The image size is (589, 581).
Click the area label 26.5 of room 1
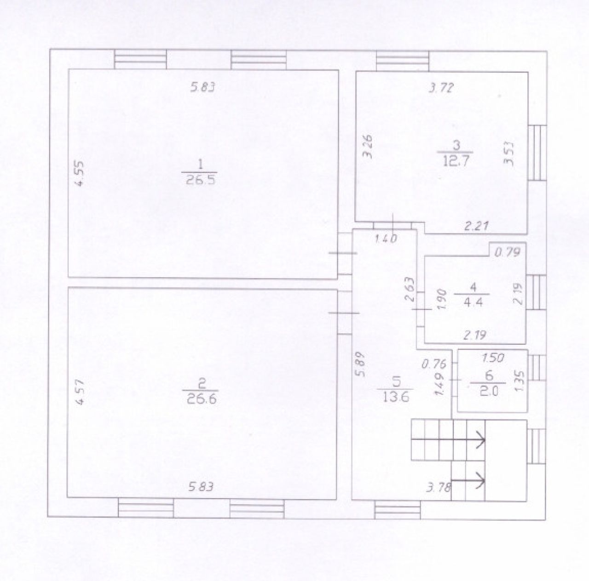tap(200, 180)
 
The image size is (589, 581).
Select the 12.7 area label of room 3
tap(456, 160)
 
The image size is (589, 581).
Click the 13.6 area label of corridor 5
tap(396, 398)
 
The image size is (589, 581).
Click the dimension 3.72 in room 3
tap(440, 88)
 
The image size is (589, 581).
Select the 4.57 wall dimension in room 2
tap(80, 392)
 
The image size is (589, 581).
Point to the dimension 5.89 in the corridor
tap(361, 365)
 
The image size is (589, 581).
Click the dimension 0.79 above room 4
tap(507, 252)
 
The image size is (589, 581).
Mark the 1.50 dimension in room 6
tap(493, 358)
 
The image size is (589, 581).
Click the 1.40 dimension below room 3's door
tap(386, 239)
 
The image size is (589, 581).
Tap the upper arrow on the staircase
tap(448, 440)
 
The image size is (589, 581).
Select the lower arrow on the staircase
tap(468, 481)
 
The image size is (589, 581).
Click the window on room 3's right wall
tap(537, 153)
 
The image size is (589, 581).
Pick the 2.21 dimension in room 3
tap(477, 226)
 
